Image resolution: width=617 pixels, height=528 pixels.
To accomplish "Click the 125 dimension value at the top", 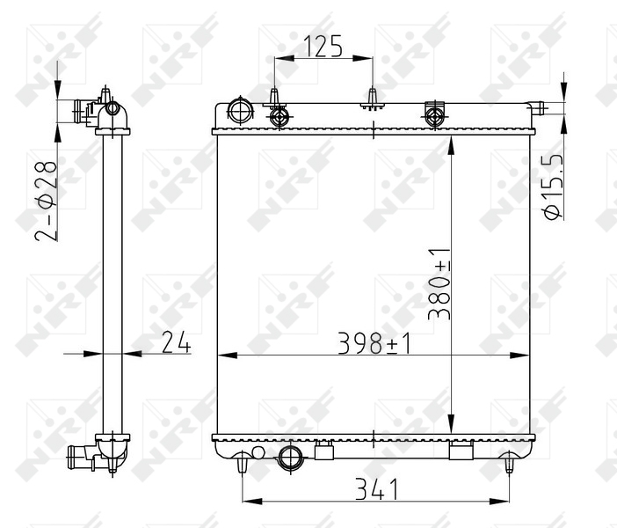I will tap(323, 45).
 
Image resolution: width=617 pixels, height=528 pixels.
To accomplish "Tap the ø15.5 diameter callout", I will tap(552, 188).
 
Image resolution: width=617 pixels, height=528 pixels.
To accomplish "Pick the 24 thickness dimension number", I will tap(175, 343).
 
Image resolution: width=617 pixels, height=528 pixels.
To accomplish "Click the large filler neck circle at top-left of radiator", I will tap(239, 111).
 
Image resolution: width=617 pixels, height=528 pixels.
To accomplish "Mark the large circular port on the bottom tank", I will tap(289, 456).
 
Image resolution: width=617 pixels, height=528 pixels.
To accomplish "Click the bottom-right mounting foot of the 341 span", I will tap(511, 463).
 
